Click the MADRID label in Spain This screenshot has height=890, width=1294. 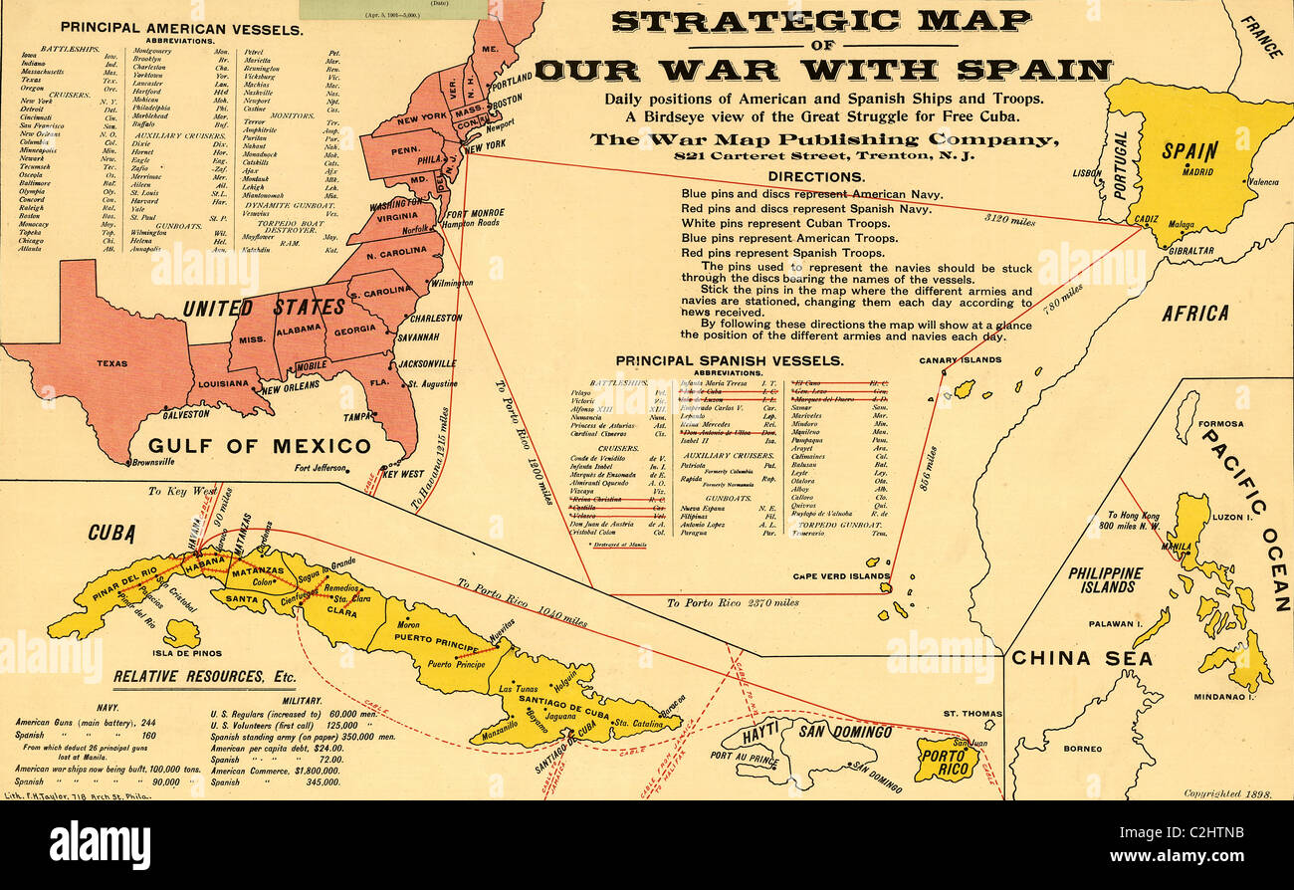coord(1198,171)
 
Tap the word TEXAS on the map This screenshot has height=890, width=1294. coord(111,363)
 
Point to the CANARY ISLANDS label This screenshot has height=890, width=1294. coord(960,360)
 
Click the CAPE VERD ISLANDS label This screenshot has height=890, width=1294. coord(841,576)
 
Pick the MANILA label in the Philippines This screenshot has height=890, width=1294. coord(1176,547)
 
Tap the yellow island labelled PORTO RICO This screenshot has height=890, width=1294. coord(946,762)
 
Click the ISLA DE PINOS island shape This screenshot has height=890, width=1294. coord(181,632)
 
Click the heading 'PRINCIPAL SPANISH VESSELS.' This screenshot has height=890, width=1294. coord(729,360)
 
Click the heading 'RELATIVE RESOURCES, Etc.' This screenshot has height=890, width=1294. coord(204,677)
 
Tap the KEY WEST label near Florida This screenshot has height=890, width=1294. coord(403,474)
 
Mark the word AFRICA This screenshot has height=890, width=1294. coord(1195,313)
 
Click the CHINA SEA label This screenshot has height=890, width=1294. coord(1081,658)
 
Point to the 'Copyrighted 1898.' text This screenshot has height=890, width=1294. coord(1230,793)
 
